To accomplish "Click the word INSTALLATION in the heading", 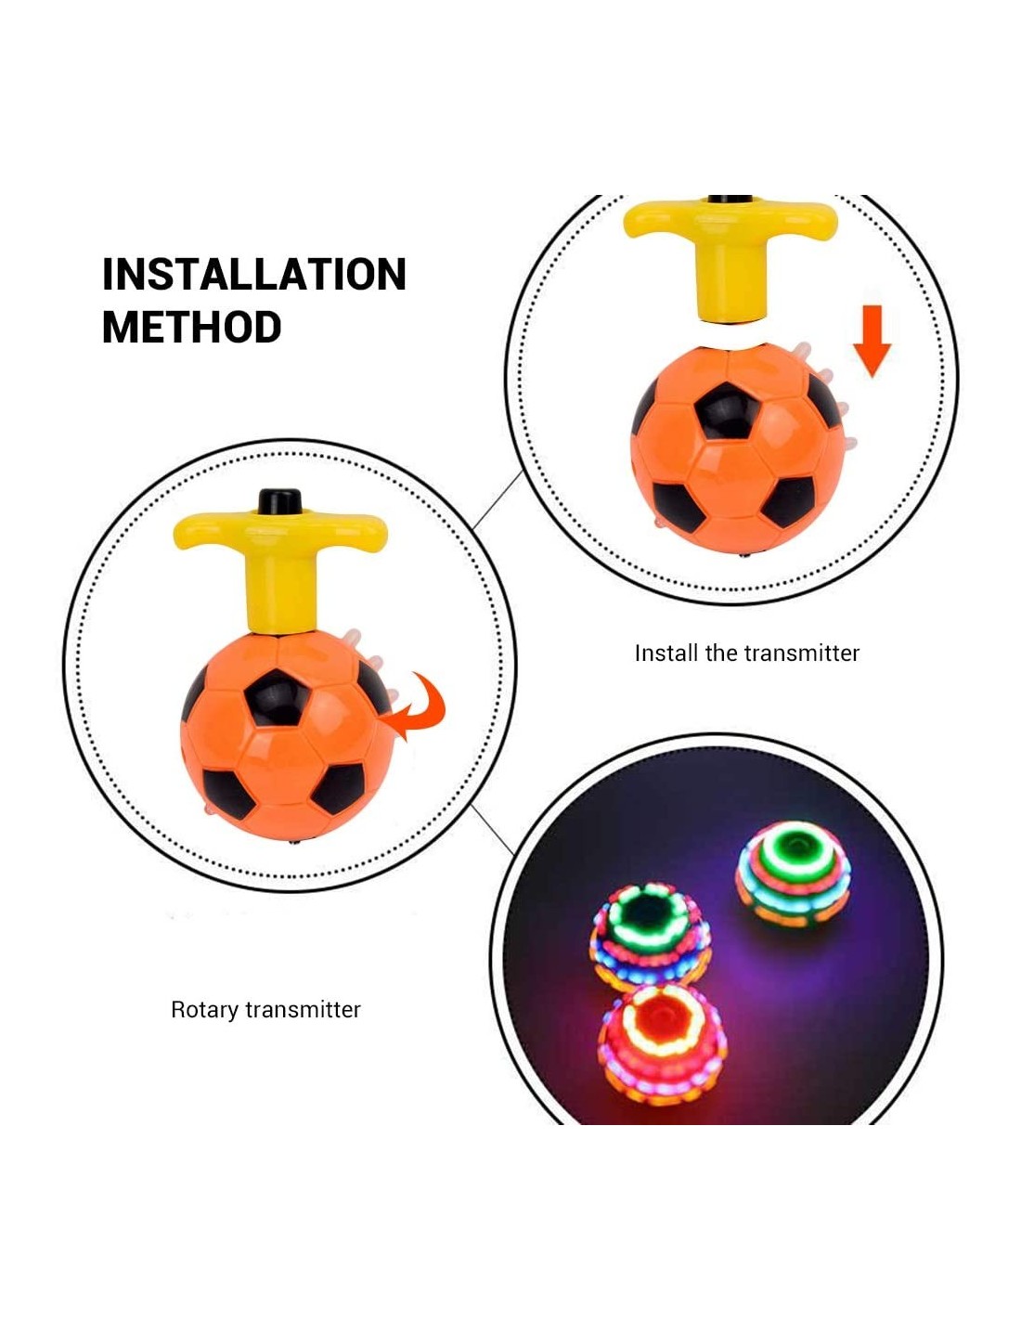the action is click(x=254, y=274).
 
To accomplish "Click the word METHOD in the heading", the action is click(x=192, y=327).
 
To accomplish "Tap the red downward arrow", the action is click(x=871, y=341).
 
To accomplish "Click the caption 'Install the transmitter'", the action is click(x=746, y=653).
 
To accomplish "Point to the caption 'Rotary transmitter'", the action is click(x=265, y=1010).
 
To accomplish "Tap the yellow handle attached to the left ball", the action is click(x=280, y=568).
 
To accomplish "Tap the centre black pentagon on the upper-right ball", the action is click(x=728, y=411).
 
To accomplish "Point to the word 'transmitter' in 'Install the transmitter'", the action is click(x=802, y=653).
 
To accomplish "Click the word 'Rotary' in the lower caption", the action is click(x=205, y=1011).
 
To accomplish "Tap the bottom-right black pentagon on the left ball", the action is click(x=338, y=788).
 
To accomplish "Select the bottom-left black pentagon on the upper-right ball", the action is click(x=679, y=507).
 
